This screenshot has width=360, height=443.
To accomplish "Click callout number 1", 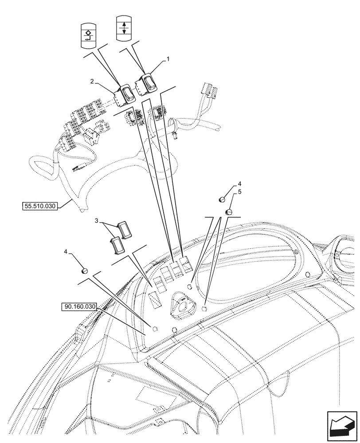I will point(168,58).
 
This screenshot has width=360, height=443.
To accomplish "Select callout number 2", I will point(91,81).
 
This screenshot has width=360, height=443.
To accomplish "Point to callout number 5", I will point(240,192).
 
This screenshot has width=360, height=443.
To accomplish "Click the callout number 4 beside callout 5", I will point(240,183).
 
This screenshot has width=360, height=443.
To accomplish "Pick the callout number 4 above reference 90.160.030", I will point(66,252).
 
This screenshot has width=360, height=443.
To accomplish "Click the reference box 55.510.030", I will point(40,206).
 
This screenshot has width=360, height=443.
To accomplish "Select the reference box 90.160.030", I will point(79,307).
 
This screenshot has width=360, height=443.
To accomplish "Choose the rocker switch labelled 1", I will point(146,84).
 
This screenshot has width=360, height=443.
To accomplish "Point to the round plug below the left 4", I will point(85,271).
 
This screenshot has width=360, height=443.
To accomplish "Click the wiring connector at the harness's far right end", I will point(209,91).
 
